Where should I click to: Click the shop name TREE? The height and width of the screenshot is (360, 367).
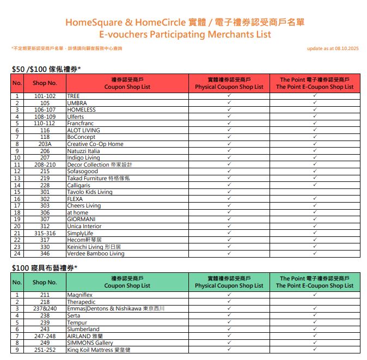point(73,96)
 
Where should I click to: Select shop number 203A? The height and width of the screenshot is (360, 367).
point(45,144)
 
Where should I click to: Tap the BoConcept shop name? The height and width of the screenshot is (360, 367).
point(81,137)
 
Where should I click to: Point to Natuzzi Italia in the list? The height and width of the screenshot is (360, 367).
point(83,151)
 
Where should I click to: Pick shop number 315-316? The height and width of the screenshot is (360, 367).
point(45,233)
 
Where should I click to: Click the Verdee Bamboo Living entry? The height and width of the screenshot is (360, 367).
point(95,253)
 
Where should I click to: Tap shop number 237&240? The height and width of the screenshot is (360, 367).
point(45,308)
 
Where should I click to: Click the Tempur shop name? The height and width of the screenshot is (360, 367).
point(77,322)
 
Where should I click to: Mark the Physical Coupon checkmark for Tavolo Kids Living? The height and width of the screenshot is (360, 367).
point(229,192)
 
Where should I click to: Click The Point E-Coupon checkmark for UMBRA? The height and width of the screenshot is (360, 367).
point(315,102)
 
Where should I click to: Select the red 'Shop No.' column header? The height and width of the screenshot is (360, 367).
point(45,83)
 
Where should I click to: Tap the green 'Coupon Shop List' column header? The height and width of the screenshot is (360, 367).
point(127,282)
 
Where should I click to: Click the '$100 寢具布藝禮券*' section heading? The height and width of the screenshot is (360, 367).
point(45,268)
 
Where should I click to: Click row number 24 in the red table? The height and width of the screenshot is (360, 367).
point(17,253)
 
